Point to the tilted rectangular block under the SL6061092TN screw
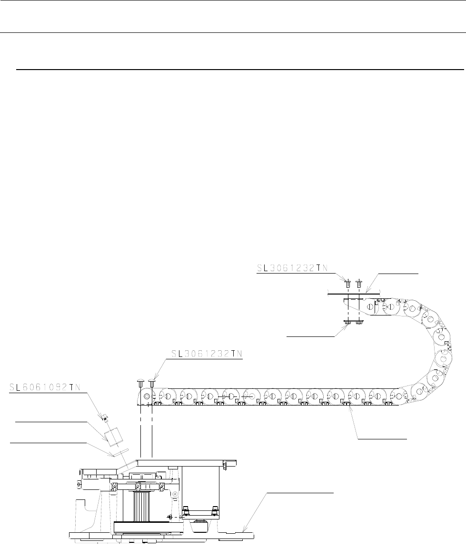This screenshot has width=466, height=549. click(113, 436)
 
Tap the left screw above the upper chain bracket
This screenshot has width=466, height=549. click(347, 283)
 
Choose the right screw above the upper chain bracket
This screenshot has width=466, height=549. click(359, 283)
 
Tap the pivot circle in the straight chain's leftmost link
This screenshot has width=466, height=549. click(147, 396)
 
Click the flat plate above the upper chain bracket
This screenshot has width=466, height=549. click(353, 293)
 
